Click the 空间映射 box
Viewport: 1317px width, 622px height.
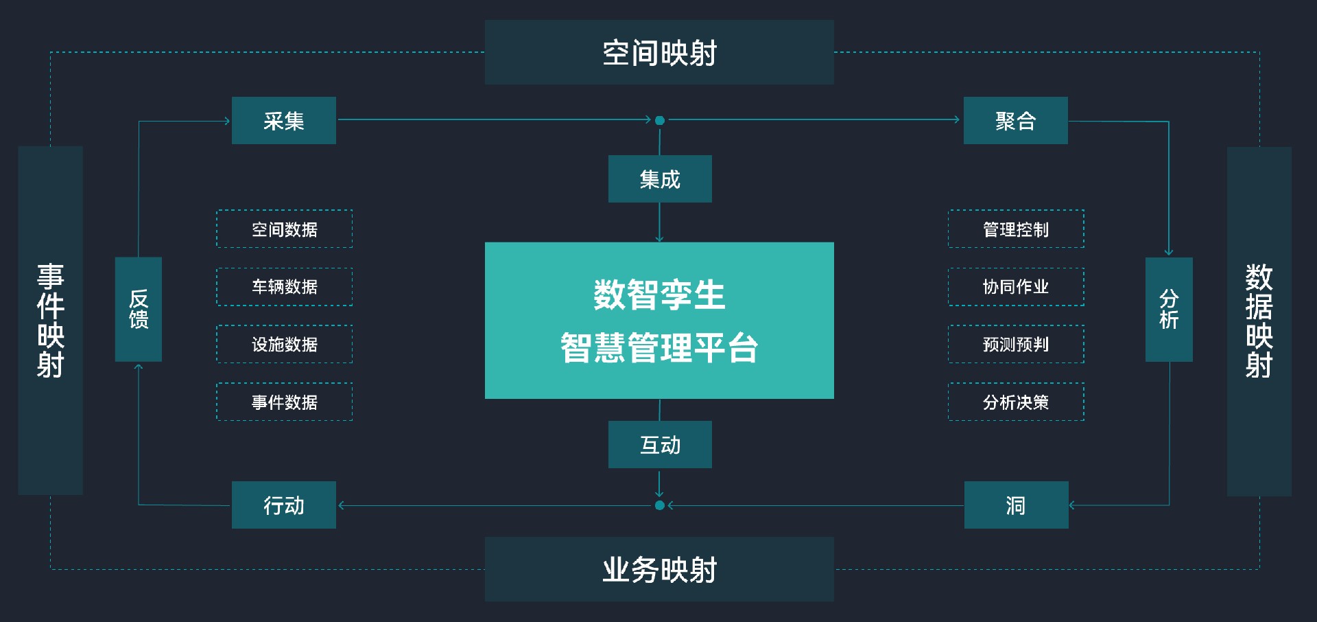659,52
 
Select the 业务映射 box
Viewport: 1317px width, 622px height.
659,569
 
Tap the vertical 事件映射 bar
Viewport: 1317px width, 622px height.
51,320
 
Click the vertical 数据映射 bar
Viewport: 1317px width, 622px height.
1259,321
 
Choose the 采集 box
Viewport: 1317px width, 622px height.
284,121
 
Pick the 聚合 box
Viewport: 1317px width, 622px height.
1015,121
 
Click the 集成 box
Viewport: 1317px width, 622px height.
660,179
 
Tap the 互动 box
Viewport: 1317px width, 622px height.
660,445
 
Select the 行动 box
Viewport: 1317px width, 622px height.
284,505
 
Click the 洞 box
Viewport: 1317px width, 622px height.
1016,505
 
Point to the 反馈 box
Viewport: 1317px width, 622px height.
139,309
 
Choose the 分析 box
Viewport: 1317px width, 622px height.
1169,309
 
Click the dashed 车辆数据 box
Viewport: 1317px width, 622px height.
285,287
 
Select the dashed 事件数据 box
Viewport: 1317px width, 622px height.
285,402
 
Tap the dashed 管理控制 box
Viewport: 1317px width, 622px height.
1016,229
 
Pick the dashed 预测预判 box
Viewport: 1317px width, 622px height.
1016,345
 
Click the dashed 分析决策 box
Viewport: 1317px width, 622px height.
1016,402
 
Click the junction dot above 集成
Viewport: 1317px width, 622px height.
660,120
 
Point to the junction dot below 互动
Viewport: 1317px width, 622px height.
660,505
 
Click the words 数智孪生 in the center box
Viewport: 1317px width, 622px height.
659,295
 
